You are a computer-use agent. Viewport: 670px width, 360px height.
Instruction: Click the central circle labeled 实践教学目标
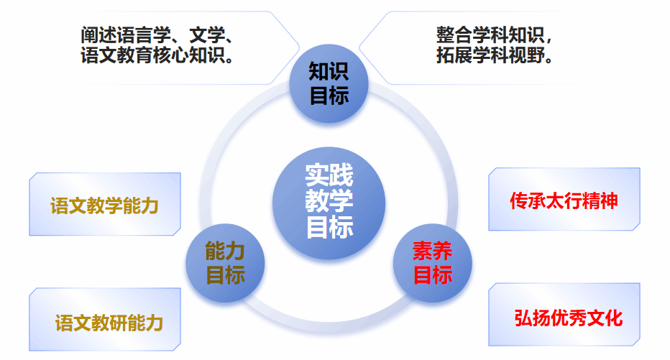(x=329, y=203)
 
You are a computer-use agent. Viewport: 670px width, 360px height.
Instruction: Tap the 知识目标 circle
(x=329, y=83)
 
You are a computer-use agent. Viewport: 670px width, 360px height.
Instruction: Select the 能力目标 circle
(x=225, y=262)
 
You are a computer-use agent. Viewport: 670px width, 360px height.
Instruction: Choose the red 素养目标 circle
(x=433, y=262)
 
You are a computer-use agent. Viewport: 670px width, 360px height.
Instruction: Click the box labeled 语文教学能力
(x=105, y=204)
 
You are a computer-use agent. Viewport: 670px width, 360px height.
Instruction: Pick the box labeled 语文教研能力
(x=105, y=320)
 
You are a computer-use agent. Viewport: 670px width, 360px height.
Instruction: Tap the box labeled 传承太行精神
(x=564, y=199)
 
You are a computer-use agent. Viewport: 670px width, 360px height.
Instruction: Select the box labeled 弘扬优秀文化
(x=564, y=314)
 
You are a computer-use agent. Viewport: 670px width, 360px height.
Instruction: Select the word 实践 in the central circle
(x=329, y=175)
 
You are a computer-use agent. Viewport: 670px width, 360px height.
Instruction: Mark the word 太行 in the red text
(x=564, y=200)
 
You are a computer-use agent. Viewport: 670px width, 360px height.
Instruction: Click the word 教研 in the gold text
(x=109, y=323)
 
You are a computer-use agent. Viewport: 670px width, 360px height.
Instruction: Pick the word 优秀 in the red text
(x=569, y=318)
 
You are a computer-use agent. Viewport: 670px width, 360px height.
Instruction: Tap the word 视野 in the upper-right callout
(x=526, y=55)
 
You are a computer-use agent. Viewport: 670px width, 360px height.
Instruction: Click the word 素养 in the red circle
(x=433, y=251)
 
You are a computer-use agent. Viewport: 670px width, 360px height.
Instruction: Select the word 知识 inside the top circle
(x=329, y=71)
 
